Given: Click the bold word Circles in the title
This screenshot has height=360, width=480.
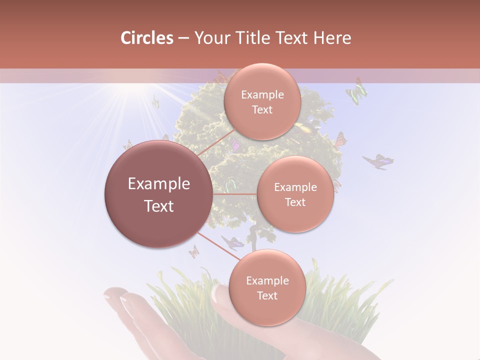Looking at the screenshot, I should tap(146, 38).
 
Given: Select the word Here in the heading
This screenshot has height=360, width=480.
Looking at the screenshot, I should tap(332, 38).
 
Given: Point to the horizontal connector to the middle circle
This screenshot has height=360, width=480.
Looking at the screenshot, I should tap(234, 194).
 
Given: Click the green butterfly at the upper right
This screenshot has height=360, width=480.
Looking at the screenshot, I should tap(356, 91).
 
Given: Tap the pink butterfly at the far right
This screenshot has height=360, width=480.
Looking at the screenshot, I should tap(378, 161).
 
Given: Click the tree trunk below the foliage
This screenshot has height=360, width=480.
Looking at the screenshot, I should tap(254, 238).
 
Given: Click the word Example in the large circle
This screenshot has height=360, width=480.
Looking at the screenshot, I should tap(158, 184).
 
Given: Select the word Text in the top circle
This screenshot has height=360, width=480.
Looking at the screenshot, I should tap(262, 110).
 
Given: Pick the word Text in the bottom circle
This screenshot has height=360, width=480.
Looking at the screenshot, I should tap(267, 296).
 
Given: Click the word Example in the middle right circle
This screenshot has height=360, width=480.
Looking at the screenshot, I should tap(295, 187).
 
